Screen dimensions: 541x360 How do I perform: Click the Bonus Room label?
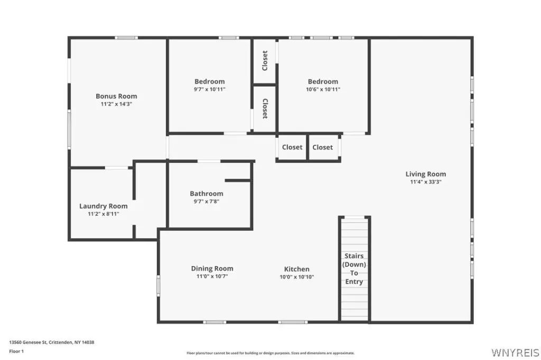116,96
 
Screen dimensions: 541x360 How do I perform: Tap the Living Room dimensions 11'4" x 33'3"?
426,182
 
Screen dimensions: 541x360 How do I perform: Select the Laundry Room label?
104,206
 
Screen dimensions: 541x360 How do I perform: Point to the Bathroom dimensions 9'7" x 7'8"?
207,202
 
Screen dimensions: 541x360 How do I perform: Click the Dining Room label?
212,268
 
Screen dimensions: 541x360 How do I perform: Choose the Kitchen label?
297,269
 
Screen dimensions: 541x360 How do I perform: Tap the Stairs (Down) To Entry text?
354,269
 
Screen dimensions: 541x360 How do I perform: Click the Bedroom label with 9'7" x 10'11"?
209,81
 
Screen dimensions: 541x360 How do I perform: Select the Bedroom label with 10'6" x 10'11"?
323,81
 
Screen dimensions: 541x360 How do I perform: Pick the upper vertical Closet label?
265,61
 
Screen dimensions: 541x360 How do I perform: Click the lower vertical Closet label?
265,109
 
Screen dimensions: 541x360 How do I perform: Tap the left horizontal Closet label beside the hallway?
292,147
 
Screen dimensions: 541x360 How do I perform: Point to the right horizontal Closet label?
323,147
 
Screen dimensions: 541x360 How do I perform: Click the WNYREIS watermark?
515,353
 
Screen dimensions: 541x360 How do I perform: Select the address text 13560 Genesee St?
27,342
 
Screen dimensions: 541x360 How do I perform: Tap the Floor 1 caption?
16,352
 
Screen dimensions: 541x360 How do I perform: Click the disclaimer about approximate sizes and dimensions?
270,353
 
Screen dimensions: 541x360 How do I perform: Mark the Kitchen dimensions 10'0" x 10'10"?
297,277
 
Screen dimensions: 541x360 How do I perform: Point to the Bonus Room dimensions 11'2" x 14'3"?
116,104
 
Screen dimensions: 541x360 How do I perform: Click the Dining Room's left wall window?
158,285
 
